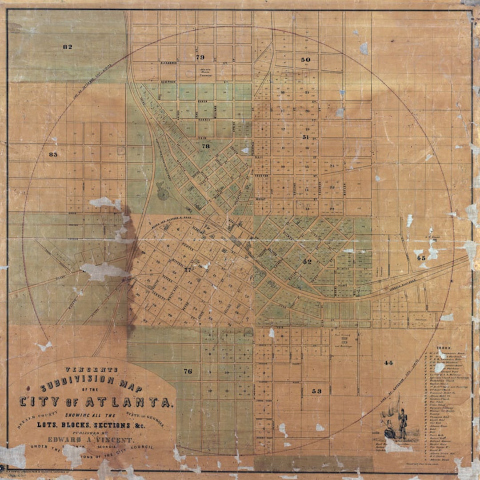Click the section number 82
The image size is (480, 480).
(68, 47)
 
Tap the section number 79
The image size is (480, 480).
(200, 57)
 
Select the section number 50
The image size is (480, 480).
(305, 60)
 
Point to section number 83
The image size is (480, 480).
(53, 154)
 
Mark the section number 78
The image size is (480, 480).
(205, 146)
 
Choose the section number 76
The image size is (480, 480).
(188, 371)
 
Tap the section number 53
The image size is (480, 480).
(316, 391)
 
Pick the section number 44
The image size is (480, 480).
(388, 363)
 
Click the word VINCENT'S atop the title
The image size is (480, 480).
(92, 369)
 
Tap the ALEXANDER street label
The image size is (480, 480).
(169, 63)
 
